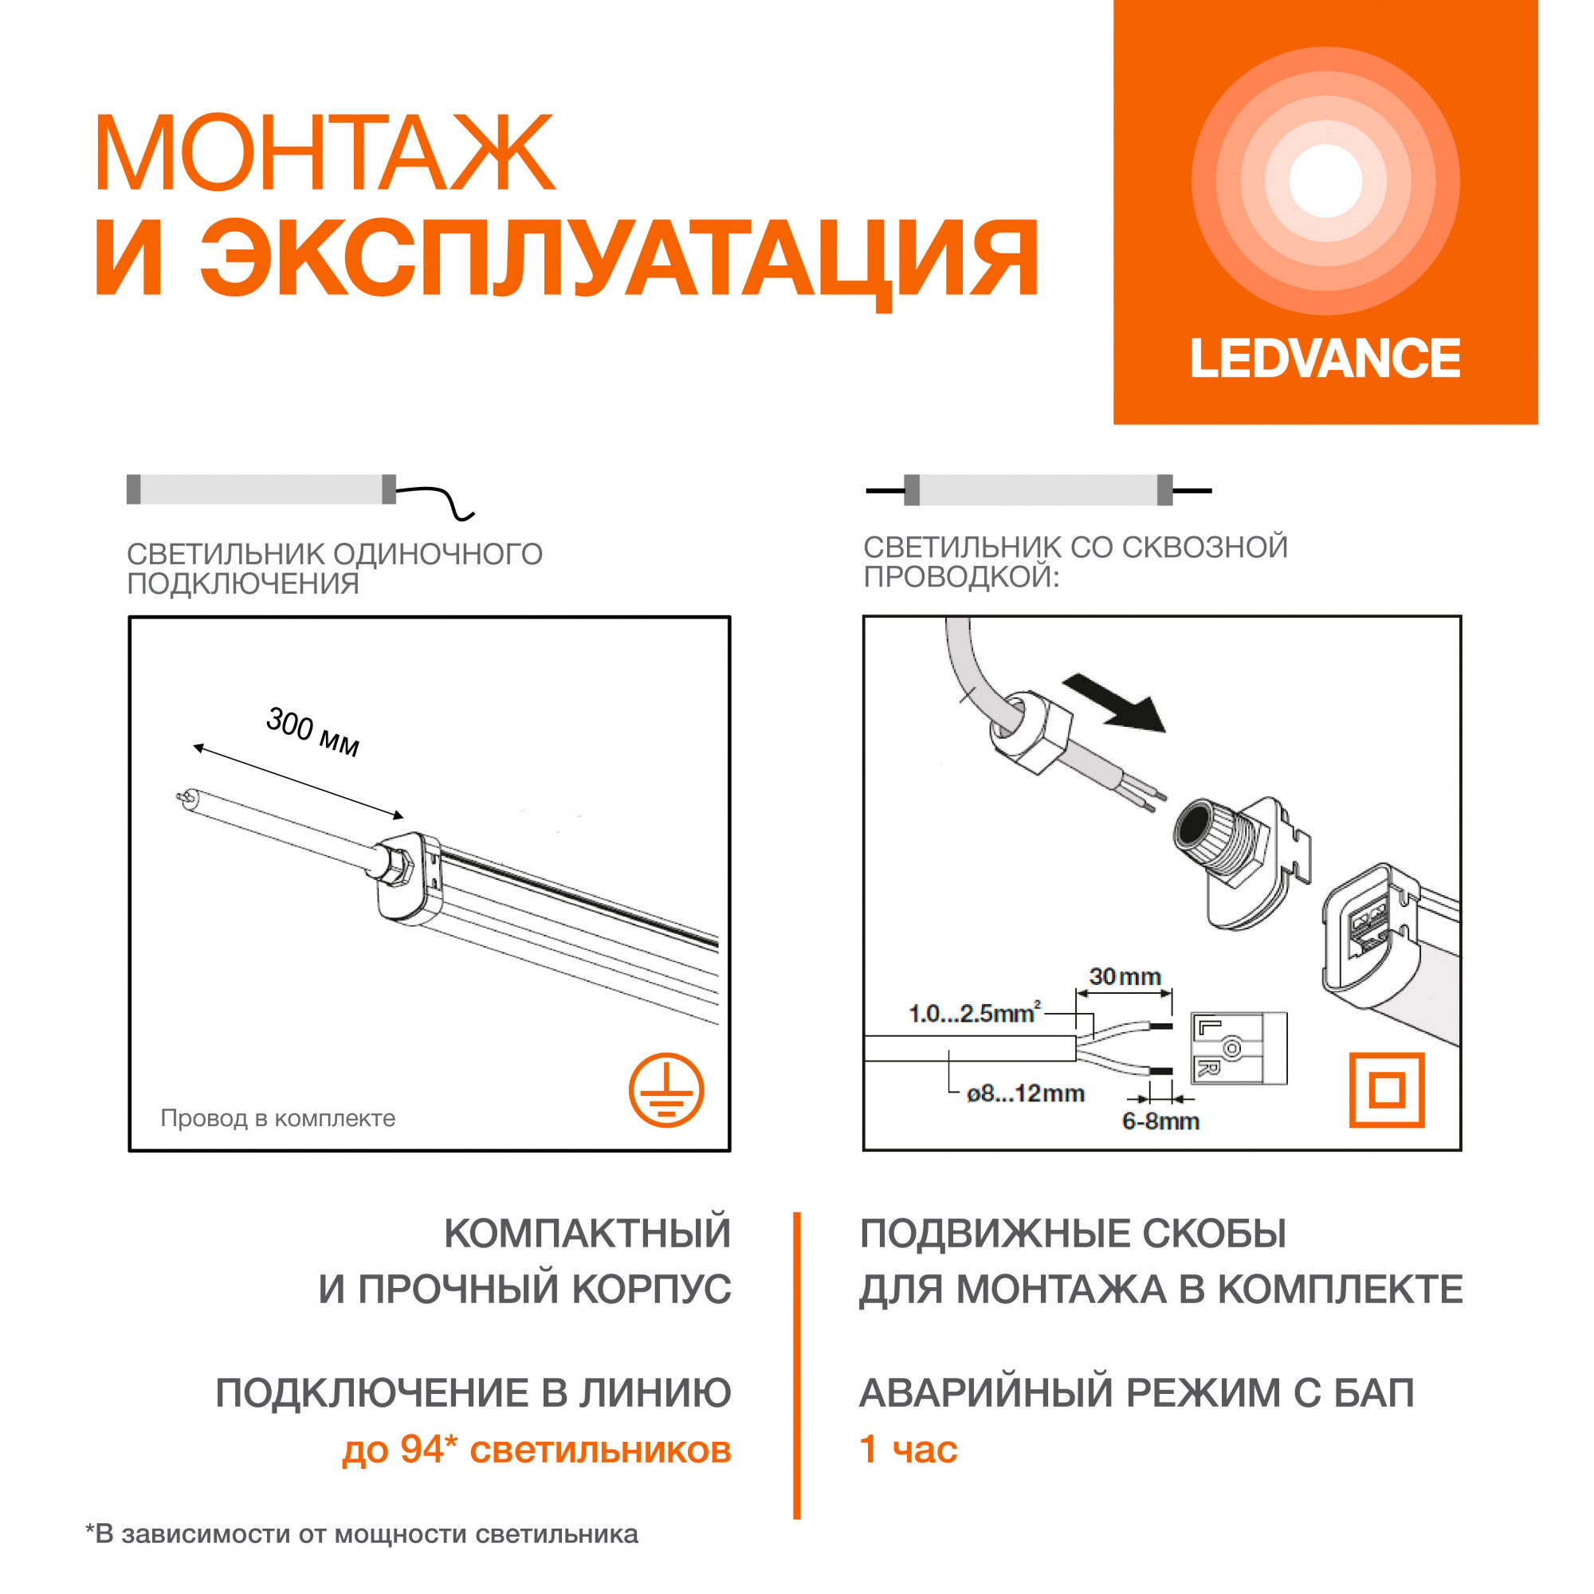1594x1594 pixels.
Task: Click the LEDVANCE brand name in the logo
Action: tap(1325, 359)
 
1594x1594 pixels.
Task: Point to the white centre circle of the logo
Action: tap(1326, 181)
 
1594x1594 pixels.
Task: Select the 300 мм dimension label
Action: tap(312, 732)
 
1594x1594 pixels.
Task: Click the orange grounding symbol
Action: tap(665, 1089)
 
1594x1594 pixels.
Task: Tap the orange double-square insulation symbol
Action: tap(1387, 1089)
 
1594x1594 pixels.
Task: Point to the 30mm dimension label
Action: tap(1125, 977)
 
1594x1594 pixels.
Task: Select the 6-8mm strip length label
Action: tap(1160, 1121)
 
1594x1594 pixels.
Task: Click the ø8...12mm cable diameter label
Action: tap(1026, 1094)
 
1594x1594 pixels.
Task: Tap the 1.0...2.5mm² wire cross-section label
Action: tap(975, 1012)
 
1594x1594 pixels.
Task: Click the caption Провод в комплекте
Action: tap(278, 1118)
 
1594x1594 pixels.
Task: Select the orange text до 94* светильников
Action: tap(537, 1450)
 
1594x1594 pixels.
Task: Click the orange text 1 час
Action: tap(909, 1450)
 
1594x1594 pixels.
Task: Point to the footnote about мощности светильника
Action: tap(362, 1533)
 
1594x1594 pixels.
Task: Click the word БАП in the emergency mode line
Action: tap(1375, 1393)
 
